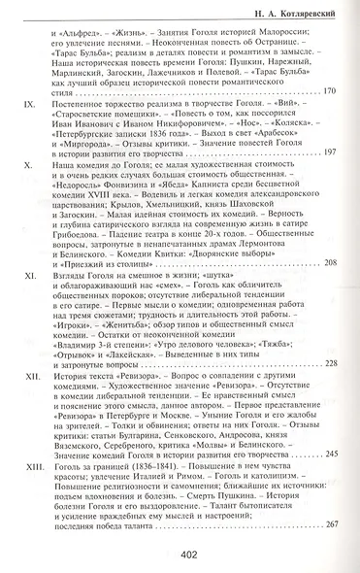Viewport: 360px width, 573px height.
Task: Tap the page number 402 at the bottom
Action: click(x=190, y=556)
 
